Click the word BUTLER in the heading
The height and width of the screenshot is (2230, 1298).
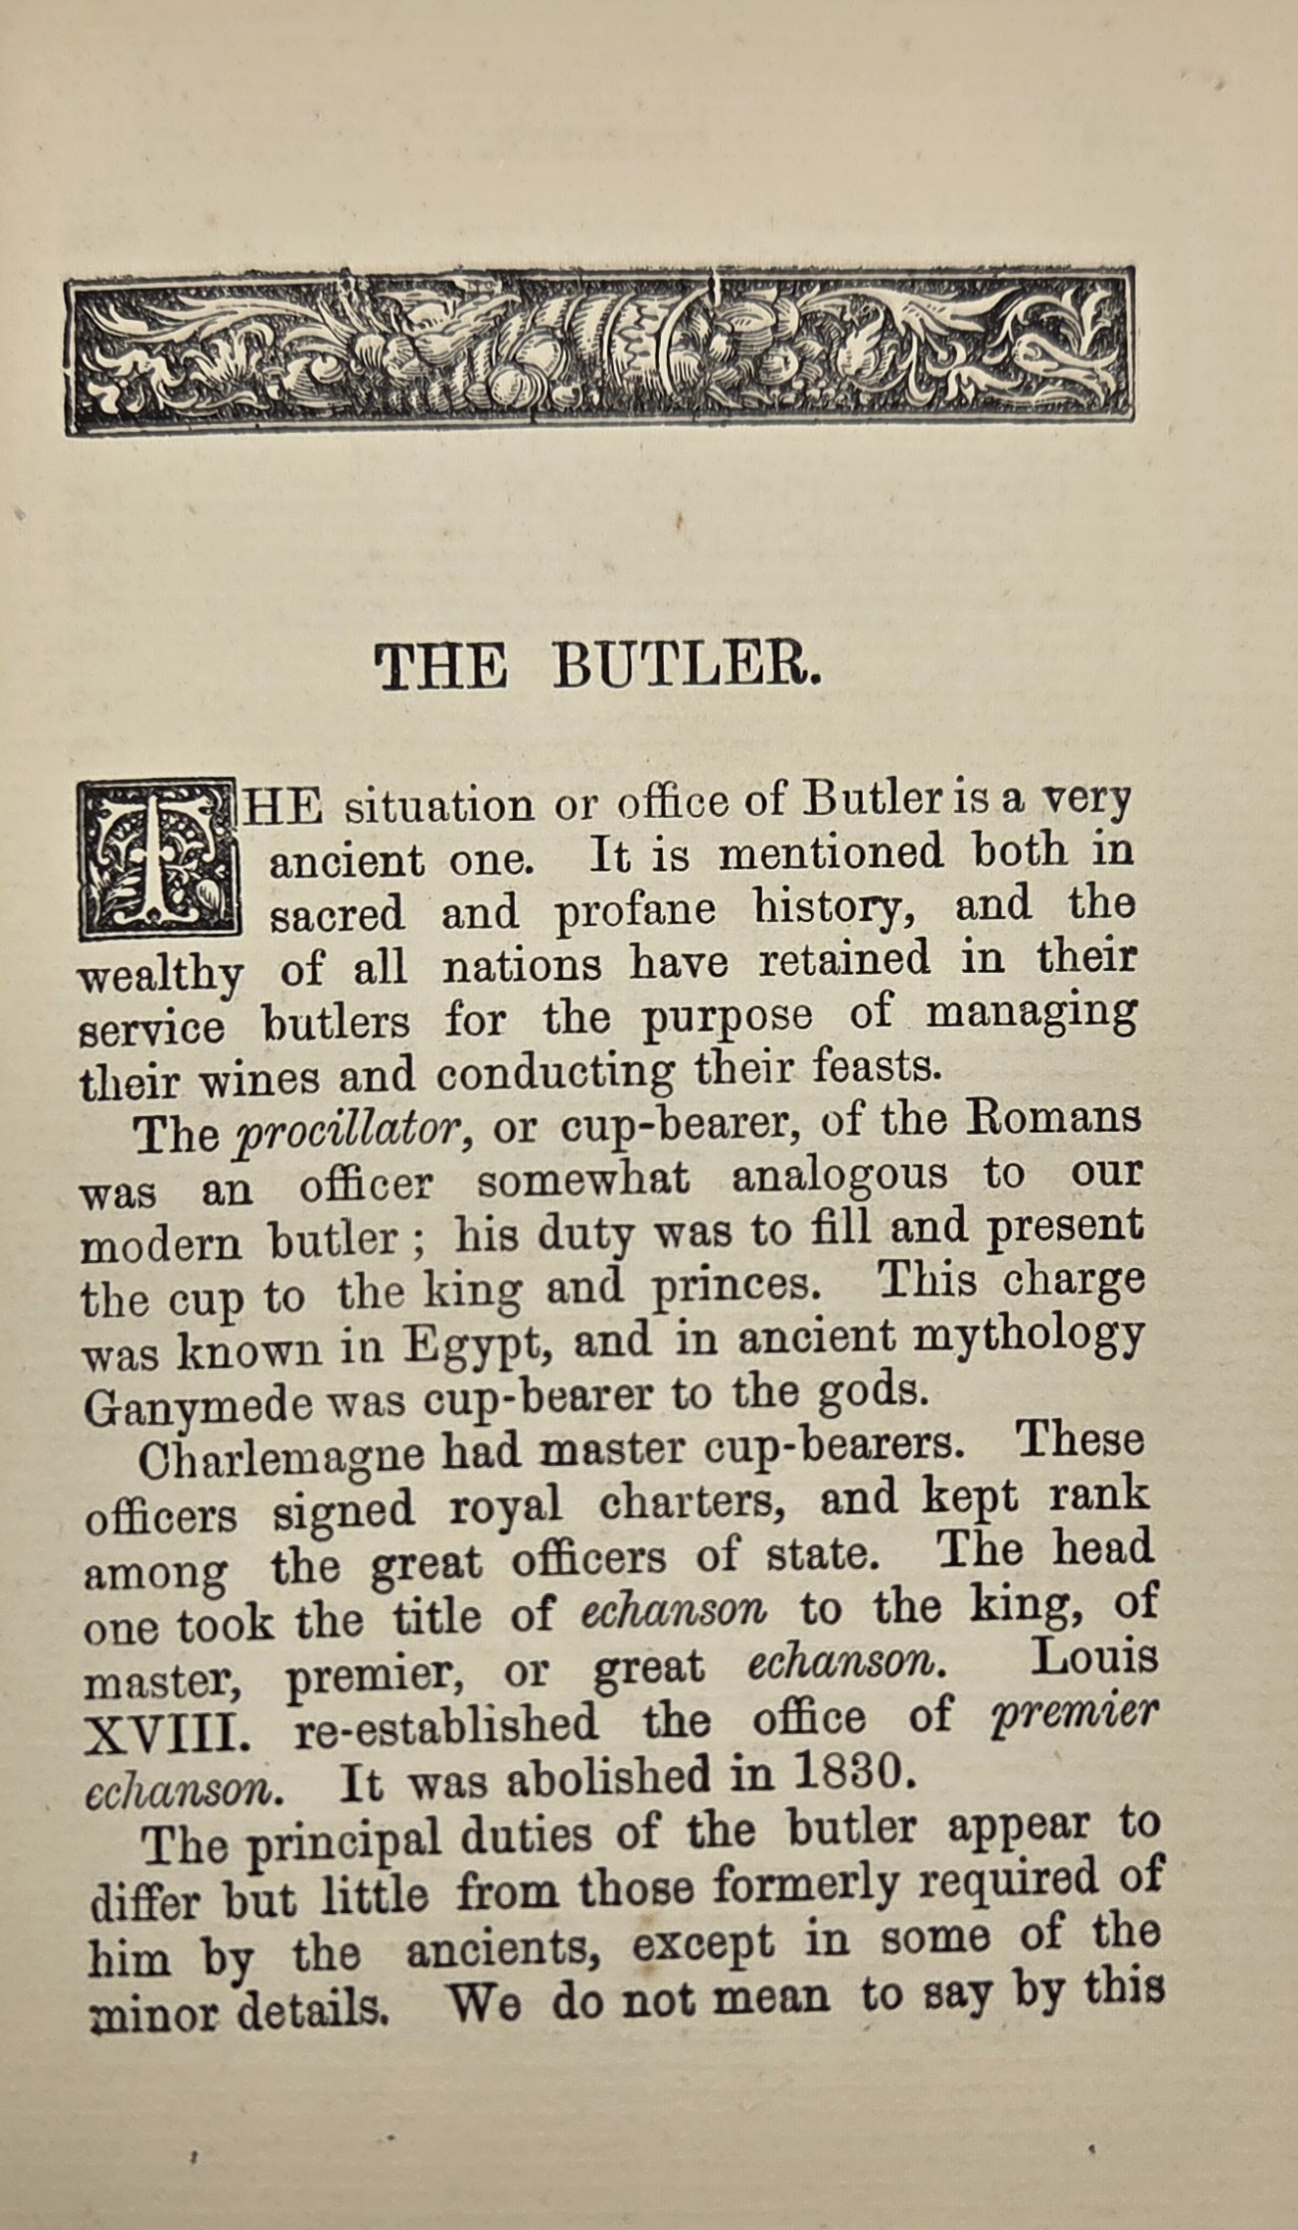pyautogui.click(x=687, y=667)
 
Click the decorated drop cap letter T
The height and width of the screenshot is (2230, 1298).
pyautogui.click(x=159, y=858)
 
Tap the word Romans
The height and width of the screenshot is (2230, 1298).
pyautogui.click(x=1055, y=1117)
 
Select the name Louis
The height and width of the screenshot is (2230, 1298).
pyautogui.click(x=1094, y=1658)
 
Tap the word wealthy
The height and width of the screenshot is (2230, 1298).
pyautogui.click(x=159, y=975)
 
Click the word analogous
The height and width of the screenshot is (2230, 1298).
pyautogui.click(x=839, y=1178)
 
